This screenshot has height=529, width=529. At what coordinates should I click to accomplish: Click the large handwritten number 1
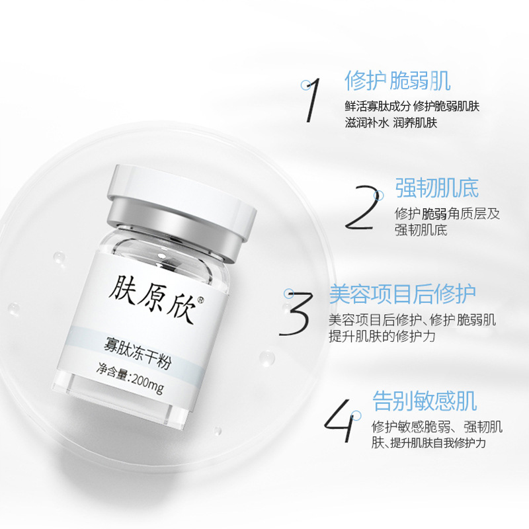(312, 100)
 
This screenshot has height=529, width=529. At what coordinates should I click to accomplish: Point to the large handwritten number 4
(340, 421)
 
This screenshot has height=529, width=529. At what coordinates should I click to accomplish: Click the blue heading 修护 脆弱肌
(397, 81)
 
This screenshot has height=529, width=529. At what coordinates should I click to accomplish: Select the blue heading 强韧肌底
(437, 188)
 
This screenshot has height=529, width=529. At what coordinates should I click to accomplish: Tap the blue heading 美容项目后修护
(402, 294)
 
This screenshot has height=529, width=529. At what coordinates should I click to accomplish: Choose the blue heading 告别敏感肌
(425, 401)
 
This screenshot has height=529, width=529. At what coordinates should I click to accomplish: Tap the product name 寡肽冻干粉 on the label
(138, 354)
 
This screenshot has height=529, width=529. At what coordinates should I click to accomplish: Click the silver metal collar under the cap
(175, 230)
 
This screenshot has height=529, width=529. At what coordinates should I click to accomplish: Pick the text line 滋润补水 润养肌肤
(391, 122)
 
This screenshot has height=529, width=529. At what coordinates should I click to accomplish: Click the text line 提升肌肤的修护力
(382, 336)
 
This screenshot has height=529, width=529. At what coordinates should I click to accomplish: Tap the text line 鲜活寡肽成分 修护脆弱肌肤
(412, 106)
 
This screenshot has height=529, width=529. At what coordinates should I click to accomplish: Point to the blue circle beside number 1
(305, 85)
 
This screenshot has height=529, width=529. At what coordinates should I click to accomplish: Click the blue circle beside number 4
(356, 416)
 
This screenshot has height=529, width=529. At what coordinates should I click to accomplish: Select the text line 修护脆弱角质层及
(447, 214)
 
